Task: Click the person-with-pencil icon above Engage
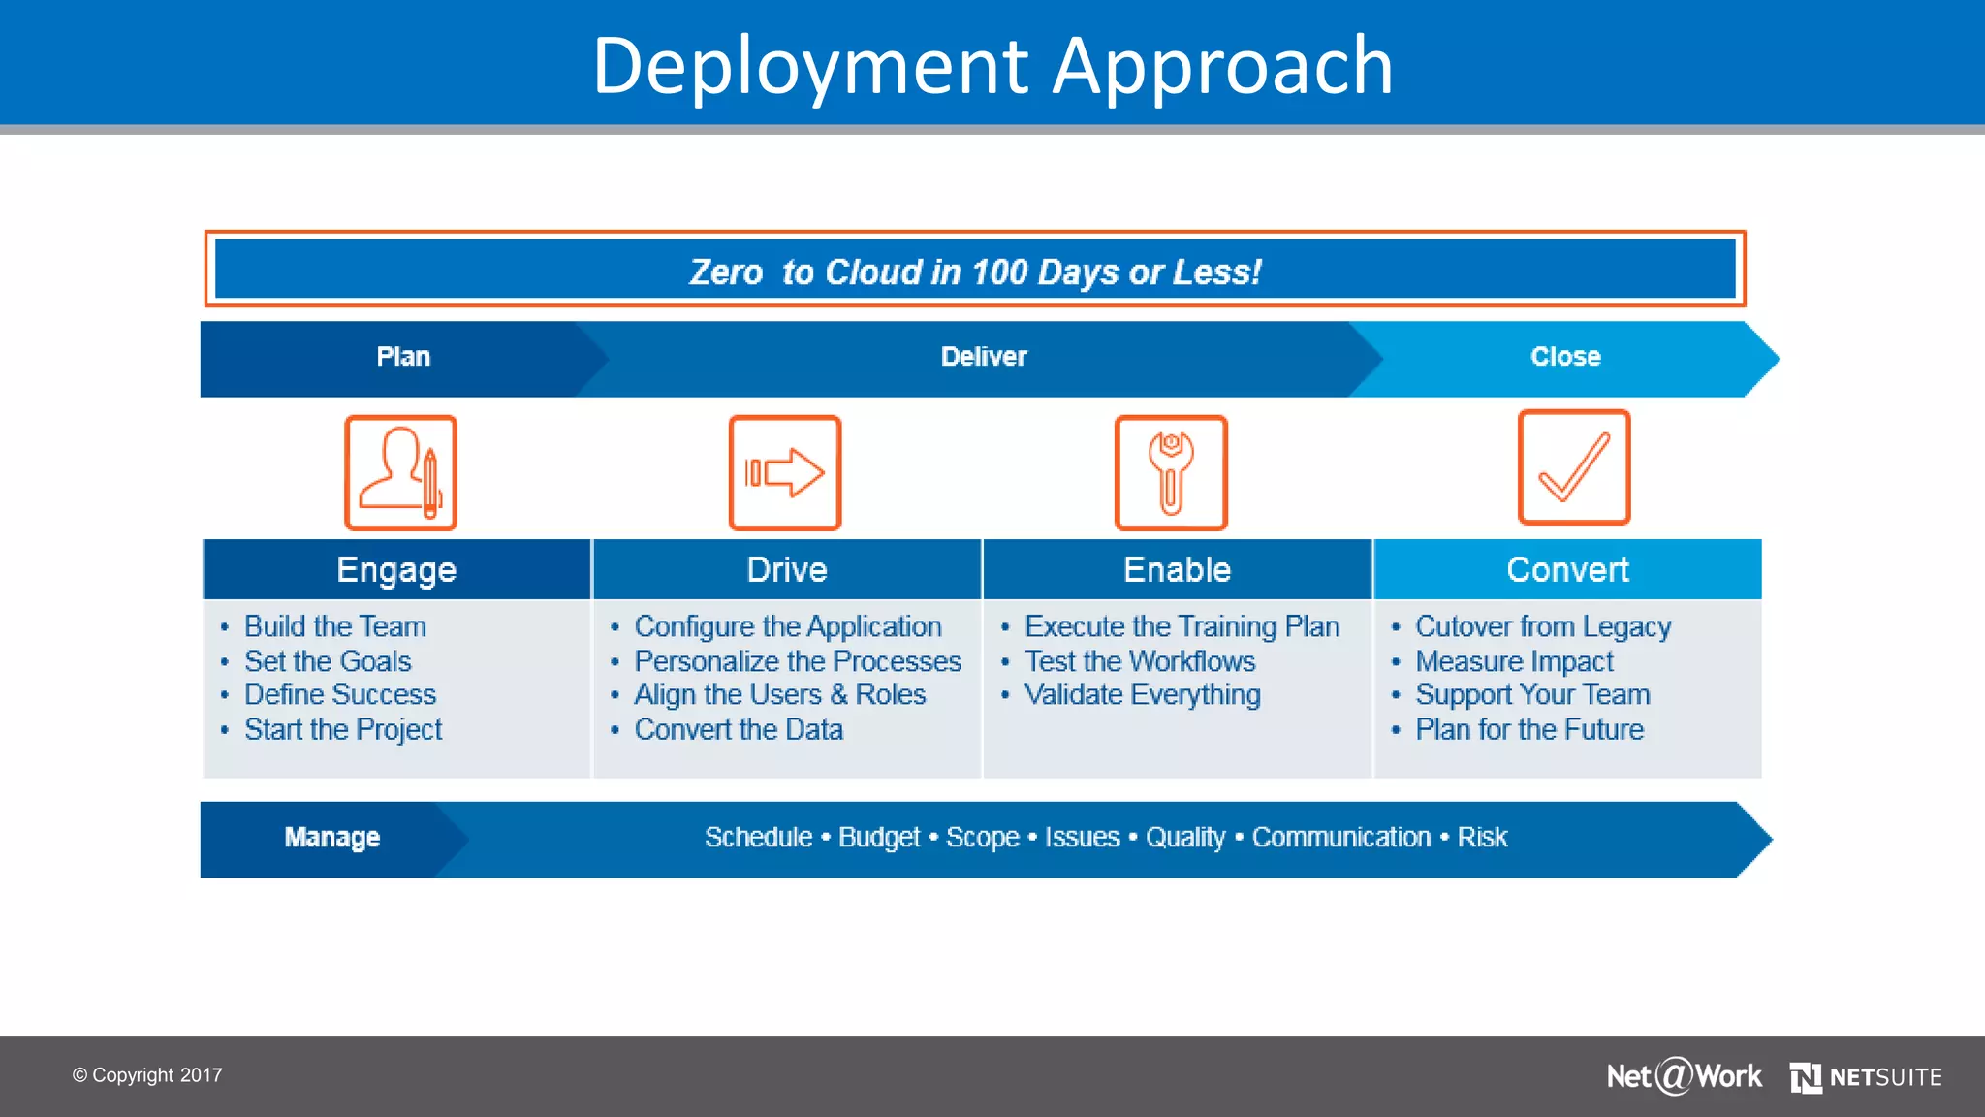click(x=400, y=473)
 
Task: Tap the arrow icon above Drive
click(x=785, y=473)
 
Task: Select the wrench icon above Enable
click(x=1171, y=473)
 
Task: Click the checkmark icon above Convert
click(x=1574, y=467)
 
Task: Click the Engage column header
click(x=396, y=570)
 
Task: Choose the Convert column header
click(x=1567, y=570)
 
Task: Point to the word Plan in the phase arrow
click(x=403, y=357)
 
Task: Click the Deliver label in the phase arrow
click(x=984, y=357)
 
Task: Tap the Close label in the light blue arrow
click(x=1565, y=357)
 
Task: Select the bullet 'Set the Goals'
click(x=328, y=661)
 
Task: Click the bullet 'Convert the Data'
click(x=739, y=729)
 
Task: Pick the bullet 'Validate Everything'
click(x=1142, y=695)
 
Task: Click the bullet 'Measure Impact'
click(x=1514, y=661)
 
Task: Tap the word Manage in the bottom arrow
click(x=331, y=838)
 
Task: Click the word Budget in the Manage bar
click(x=879, y=838)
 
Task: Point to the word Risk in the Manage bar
click(x=1482, y=838)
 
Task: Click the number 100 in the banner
click(x=999, y=272)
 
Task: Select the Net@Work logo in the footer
click(x=1684, y=1076)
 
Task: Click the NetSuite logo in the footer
click(x=1866, y=1077)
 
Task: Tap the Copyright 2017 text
click(x=147, y=1075)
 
